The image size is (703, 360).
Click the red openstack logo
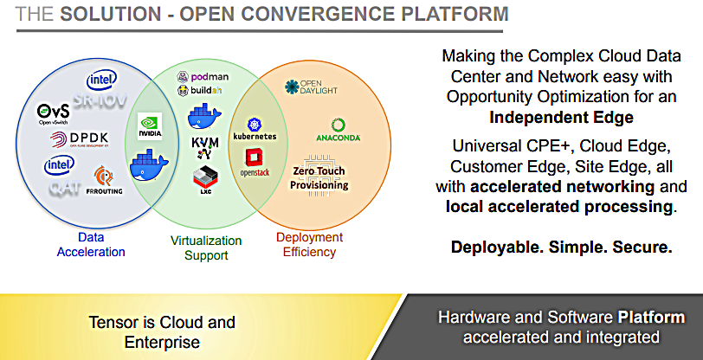[255, 161]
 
